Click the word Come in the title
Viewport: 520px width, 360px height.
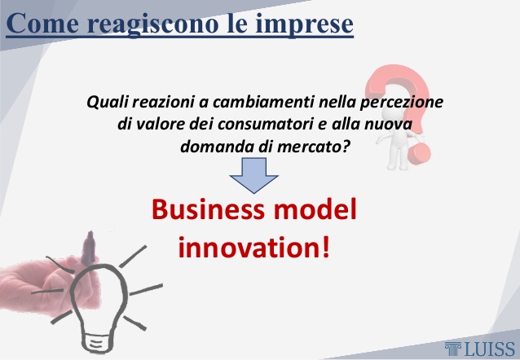pyautogui.click(x=42, y=23)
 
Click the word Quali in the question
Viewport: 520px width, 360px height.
pyautogui.click(x=108, y=102)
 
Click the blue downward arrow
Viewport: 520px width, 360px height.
pyautogui.click(x=253, y=175)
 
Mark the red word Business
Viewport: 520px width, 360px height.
pyautogui.click(x=209, y=209)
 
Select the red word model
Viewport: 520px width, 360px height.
pyautogui.click(x=315, y=209)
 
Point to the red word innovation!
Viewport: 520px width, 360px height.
pyautogui.click(x=254, y=247)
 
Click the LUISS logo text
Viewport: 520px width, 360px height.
pyautogui.click(x=490, y=349)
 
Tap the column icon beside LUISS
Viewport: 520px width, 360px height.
pyautogui.click(x=453, y=349)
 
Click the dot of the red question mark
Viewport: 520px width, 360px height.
pyautogui.click(x=419, y=153)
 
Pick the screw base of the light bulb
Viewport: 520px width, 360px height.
pyautogui.click(x=96, y=342)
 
